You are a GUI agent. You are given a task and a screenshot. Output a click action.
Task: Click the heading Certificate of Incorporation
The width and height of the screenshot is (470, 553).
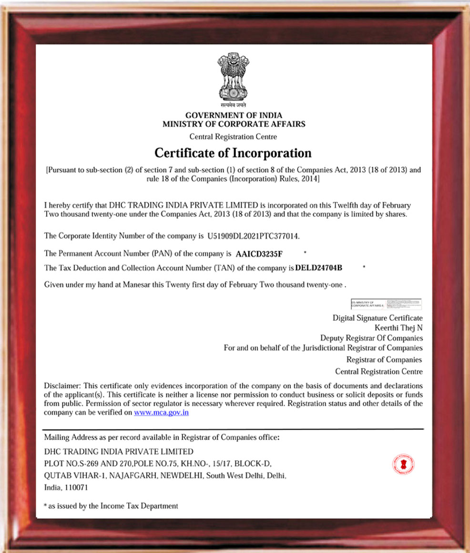point(233,153)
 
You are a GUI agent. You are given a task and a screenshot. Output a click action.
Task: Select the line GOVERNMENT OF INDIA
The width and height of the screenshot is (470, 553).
point(234,115)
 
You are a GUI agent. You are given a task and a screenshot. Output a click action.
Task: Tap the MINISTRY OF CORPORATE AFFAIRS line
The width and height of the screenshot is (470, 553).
point(234,124)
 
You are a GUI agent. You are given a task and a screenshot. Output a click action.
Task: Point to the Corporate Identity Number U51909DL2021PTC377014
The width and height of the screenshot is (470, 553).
point(254,236)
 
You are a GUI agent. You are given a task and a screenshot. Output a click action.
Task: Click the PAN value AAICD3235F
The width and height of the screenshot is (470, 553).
point(259,253)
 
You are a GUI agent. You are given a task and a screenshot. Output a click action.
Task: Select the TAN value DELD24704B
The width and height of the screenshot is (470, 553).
point(319,268)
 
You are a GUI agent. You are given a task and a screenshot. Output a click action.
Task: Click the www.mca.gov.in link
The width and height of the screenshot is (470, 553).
point(161,412)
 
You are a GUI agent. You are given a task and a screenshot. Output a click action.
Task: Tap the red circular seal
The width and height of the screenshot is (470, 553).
point(403,464)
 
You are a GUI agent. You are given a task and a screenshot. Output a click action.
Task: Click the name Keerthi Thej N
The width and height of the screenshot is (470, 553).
point(398,328)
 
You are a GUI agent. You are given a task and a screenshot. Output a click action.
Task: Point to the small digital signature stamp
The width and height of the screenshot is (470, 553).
point(386,304)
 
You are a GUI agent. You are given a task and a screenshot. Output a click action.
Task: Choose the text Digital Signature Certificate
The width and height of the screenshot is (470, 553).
point(377,317)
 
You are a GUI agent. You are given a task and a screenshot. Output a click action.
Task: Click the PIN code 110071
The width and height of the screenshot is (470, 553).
point(76,488)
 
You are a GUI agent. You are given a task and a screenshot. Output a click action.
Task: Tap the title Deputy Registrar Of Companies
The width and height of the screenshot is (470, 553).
point(371,338)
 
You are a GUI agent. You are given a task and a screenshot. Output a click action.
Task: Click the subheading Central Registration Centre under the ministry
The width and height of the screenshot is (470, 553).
point(233,136)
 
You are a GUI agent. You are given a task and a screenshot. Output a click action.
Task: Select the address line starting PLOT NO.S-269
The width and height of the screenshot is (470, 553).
point(157,463)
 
